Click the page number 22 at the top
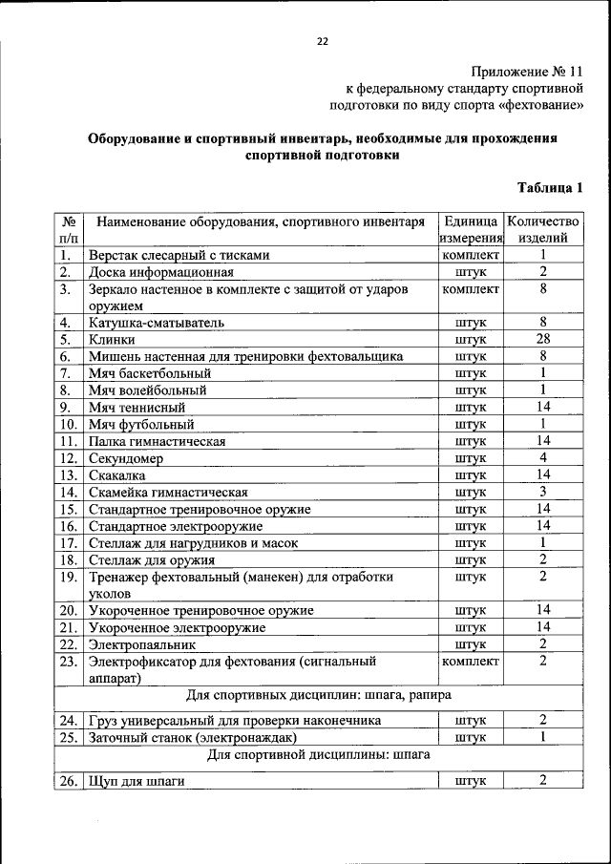pos(322,41)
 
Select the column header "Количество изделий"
pos(542,229)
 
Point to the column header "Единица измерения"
pos(472,229)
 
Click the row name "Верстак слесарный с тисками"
pos(179,255)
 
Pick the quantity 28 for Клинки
pos(542,339)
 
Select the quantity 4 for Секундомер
pos(542,458)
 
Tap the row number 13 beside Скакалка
pos(68,475)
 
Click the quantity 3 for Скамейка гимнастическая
pos(542,492)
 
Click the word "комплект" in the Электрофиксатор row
pos(472,661)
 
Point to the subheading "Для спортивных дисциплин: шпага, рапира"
pos(318,694)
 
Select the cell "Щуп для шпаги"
pos(136,781)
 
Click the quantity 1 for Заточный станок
pos(542,737)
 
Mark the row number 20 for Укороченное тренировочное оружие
pos(68,610)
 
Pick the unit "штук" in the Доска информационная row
pos(472,272)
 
